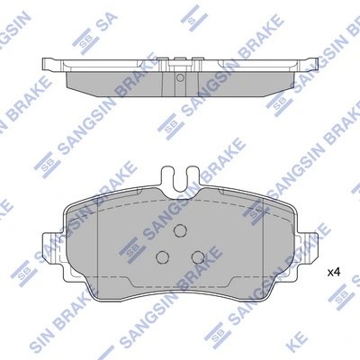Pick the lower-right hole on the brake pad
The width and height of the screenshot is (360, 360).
coord(195,256)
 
